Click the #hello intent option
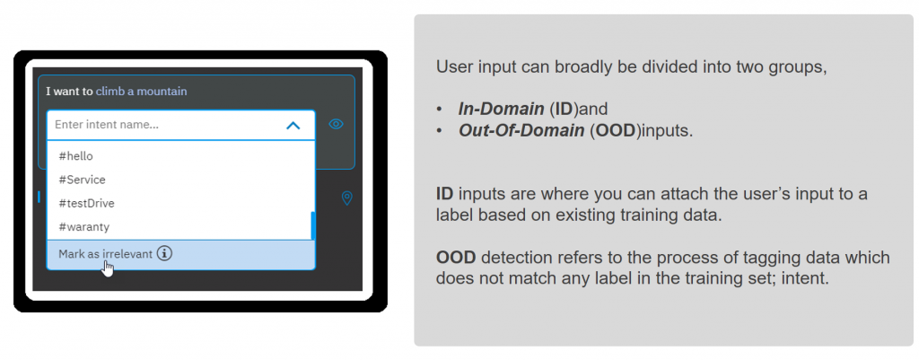click(x=75, y=156)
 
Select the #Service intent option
click(x=82, y=180)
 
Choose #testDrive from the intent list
click(x=86, y=204)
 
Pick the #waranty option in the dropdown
click(x=83, y=227)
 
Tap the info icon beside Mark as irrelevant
click(x=165, y=254)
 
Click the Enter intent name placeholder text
click(x=107, y=125)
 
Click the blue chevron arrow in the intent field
click(x=293, y=125)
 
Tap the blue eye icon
click(x=336, y=124)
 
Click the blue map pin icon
click(x=347, y=198)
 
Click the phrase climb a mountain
click(x=141, y=91)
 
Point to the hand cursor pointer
click(x=108, y=268)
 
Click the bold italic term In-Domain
click(x=501, y=109)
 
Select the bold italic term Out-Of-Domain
click(x=521, y=130)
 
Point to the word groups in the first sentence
click(x=797, y=66)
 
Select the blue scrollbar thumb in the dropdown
click(x=313, y=225)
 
